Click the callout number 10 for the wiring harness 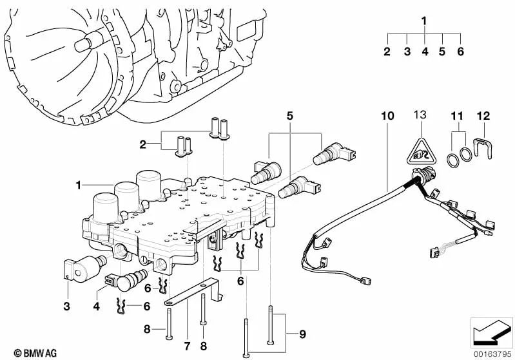pos(387,116)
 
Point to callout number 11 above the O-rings pos(457,116)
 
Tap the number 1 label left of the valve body pos(77,185)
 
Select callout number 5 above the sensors pos(290,116)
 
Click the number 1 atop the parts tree pos(424,21)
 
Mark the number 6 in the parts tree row pos(461,52)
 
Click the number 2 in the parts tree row pos(387,52)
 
